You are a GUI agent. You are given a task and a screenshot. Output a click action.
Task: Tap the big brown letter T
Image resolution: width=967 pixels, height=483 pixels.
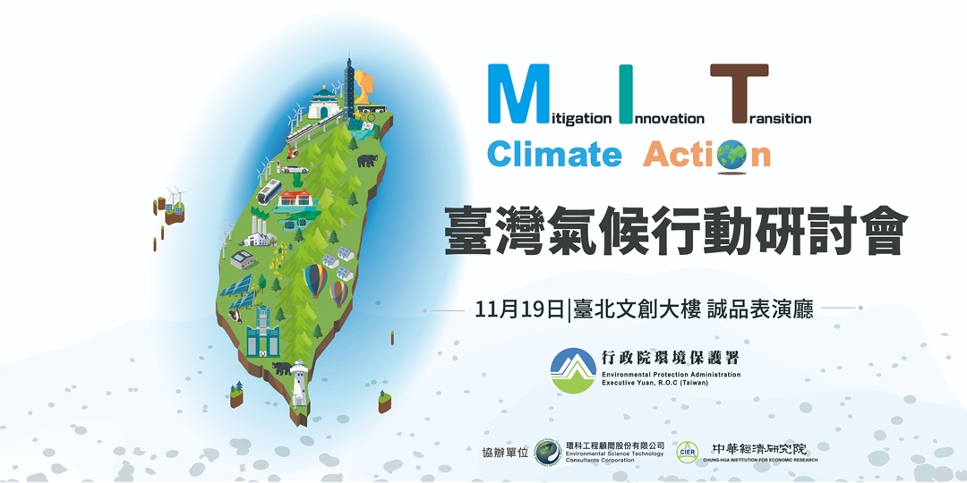pos(739,93)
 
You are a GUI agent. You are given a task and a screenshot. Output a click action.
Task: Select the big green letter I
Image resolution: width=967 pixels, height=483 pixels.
pos(625,93)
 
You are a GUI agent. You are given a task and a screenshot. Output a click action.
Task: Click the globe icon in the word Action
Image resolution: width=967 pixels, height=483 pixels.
pos(732,155)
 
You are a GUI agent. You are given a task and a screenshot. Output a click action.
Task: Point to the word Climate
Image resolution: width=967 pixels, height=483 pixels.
pos(553,154)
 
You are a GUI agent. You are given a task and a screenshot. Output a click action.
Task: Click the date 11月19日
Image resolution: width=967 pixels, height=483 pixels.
pos(518,309)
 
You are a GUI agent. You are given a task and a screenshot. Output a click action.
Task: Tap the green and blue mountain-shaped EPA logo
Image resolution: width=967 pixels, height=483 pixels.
pos(573,370)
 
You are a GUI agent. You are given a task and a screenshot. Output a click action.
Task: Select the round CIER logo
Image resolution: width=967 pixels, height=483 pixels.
pos(688,453)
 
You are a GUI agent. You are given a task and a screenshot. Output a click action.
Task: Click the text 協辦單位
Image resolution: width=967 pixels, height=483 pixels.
pos(505,453)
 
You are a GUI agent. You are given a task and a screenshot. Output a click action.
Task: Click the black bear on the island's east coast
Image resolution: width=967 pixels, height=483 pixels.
pos(367,161)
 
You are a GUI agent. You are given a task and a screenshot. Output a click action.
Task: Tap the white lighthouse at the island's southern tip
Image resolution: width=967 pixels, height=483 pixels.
pos(299,382)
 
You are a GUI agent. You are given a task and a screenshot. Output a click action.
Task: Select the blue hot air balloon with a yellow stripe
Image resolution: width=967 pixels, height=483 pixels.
pos(316,280)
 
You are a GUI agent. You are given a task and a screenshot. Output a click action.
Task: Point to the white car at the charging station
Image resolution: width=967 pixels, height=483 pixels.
pos(295,168)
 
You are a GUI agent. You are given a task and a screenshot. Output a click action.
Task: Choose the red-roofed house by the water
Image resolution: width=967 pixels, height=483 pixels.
pos(295,199)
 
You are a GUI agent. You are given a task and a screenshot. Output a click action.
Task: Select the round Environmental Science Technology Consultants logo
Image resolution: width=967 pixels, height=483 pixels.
pos(547,453)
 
